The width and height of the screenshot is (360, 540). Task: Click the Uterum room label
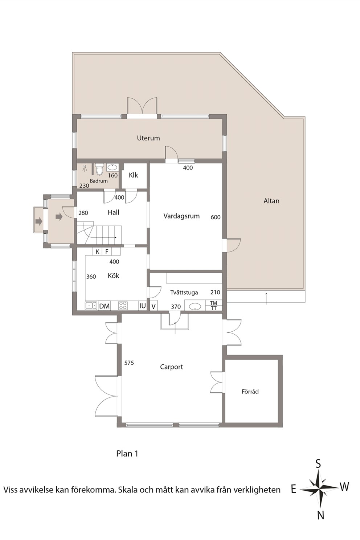[148, 138]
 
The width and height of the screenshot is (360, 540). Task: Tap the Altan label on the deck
[271, 201]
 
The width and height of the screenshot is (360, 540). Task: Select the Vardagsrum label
[181, 216]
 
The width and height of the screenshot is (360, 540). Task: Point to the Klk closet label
[133, 175]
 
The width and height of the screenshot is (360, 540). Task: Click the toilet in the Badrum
[99, 169]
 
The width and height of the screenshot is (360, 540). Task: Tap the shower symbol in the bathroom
[85, 168]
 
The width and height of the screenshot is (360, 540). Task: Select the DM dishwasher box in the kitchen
[105, 306]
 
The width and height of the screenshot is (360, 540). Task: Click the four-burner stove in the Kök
[123, 306]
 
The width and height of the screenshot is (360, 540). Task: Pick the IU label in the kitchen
[143, 306]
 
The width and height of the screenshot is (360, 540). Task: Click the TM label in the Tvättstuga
[214, 303]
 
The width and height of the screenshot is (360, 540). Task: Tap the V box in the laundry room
[154, 306]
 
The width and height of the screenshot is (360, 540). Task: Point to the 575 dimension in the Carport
[129, 363]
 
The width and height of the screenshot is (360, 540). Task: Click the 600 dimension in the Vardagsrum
[216, 217]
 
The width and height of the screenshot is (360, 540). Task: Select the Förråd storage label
[250, 392]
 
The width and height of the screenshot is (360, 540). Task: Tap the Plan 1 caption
[127, 454]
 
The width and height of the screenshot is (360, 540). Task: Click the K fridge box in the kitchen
[98, 252]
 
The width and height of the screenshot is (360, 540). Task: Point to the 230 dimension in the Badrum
[84, 186]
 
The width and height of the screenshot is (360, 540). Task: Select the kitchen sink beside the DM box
[91, 306]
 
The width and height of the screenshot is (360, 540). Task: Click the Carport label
[171, 367]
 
